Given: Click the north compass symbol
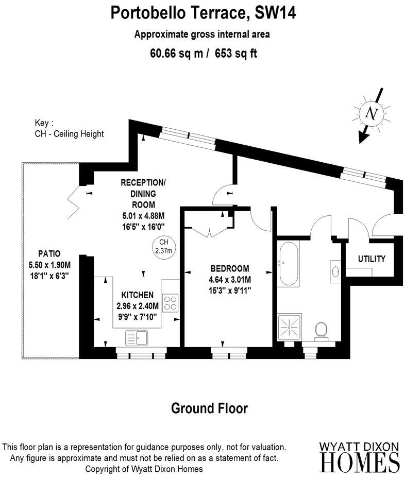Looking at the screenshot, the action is pos(372,114).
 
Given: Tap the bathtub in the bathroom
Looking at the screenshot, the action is pos(289,263).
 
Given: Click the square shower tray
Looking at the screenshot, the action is pos(289,327).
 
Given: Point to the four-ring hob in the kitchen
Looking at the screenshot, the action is pos(170,303).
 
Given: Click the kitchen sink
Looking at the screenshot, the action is pos(137,337).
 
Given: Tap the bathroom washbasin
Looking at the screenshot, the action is pos(335,271).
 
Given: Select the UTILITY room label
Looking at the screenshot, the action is pos(372,259).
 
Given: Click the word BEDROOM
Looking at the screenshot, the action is pos(230,268).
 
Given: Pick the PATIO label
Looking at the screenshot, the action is pos(49,253).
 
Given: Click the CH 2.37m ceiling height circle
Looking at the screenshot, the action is pos(164,247).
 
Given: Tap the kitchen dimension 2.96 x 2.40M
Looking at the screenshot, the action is pos(138,306).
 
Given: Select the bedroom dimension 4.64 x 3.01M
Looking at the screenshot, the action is pos(230,280).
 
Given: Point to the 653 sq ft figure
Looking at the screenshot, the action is pos(235,54).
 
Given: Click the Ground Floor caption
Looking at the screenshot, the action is pos(209,408).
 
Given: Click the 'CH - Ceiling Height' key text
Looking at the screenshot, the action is pos(70,134).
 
